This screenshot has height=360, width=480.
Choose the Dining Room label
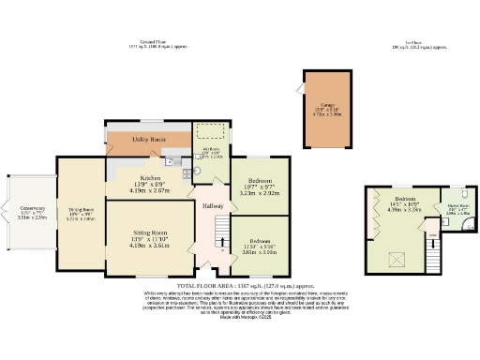point(81,211)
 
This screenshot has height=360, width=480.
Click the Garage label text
point(326,107)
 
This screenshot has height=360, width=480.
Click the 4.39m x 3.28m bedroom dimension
point(405,210)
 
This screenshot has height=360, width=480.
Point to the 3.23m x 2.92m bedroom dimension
point(260,195)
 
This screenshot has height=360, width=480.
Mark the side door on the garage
point(302,89)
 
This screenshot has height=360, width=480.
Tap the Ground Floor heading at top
point(153,42)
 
